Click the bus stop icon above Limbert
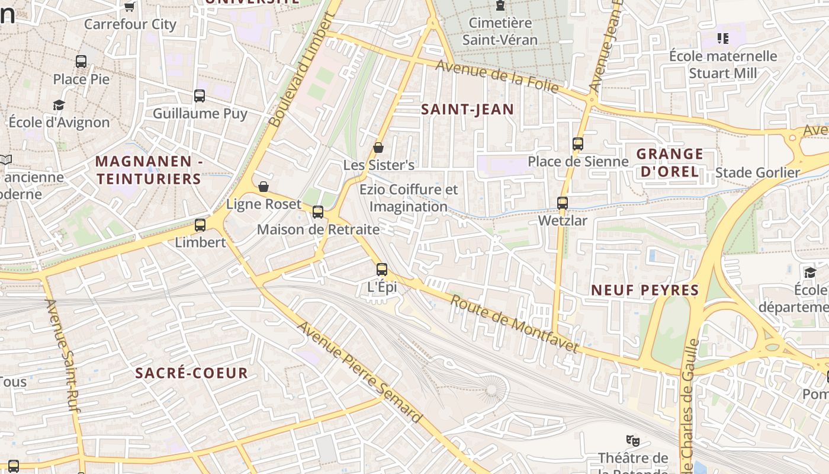200,225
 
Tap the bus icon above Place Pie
81,62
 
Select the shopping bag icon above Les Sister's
378,148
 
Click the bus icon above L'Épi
382,270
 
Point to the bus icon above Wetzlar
563,203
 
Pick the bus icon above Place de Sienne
578,144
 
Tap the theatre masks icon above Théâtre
633,440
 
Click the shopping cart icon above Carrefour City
130,7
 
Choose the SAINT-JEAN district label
467,109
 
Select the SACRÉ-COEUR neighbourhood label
191,373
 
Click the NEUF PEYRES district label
645,290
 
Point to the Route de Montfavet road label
514,324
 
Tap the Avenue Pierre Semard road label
359,373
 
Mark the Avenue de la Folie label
497,76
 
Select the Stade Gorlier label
757,172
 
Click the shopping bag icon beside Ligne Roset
264,187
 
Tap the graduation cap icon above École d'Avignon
59,105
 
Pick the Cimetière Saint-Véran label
500,31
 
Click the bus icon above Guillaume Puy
200,96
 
